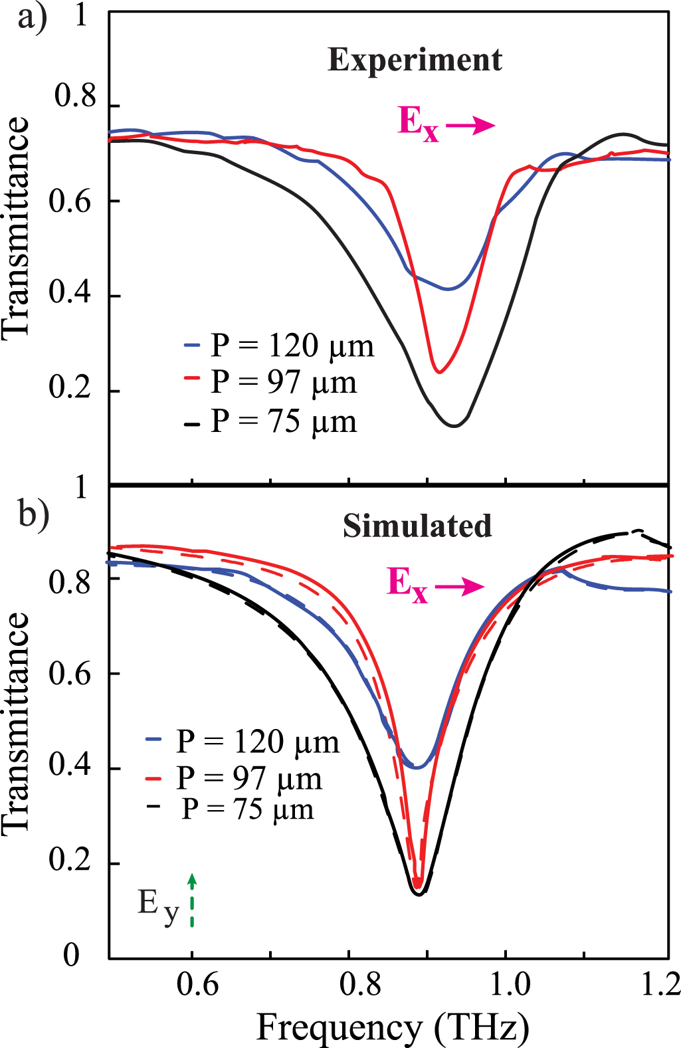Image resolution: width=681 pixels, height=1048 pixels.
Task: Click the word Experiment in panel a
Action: tap(415, 60)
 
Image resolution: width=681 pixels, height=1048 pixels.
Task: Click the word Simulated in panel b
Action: tap(417, 526)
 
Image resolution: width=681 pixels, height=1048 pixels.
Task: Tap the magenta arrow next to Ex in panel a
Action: tap(470, 126)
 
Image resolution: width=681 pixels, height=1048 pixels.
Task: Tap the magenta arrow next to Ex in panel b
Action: tap(460, 585)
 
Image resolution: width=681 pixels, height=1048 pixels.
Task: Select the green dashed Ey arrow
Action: tap(192, 900)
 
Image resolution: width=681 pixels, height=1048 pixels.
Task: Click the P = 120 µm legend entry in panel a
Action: tap(279, 346)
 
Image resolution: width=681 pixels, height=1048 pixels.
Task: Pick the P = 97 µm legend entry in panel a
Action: tap(271, 383)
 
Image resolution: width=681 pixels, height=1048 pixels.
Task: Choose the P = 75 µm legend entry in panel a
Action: tap(271, 421)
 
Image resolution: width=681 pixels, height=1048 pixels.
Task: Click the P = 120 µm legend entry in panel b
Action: tap(243, 742)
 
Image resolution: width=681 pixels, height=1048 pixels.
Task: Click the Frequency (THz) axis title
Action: tap(393, 1027)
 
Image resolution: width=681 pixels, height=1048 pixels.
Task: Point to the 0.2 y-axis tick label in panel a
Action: tap(69, 387)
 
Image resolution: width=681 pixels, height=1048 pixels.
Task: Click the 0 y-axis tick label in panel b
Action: tap(71, 955)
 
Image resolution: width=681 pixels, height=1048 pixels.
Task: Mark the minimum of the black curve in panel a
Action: tap(454, 426)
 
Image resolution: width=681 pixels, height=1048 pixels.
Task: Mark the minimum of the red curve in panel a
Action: tap(438, 372)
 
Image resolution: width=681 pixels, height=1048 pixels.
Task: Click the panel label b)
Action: tap(33, 514)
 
